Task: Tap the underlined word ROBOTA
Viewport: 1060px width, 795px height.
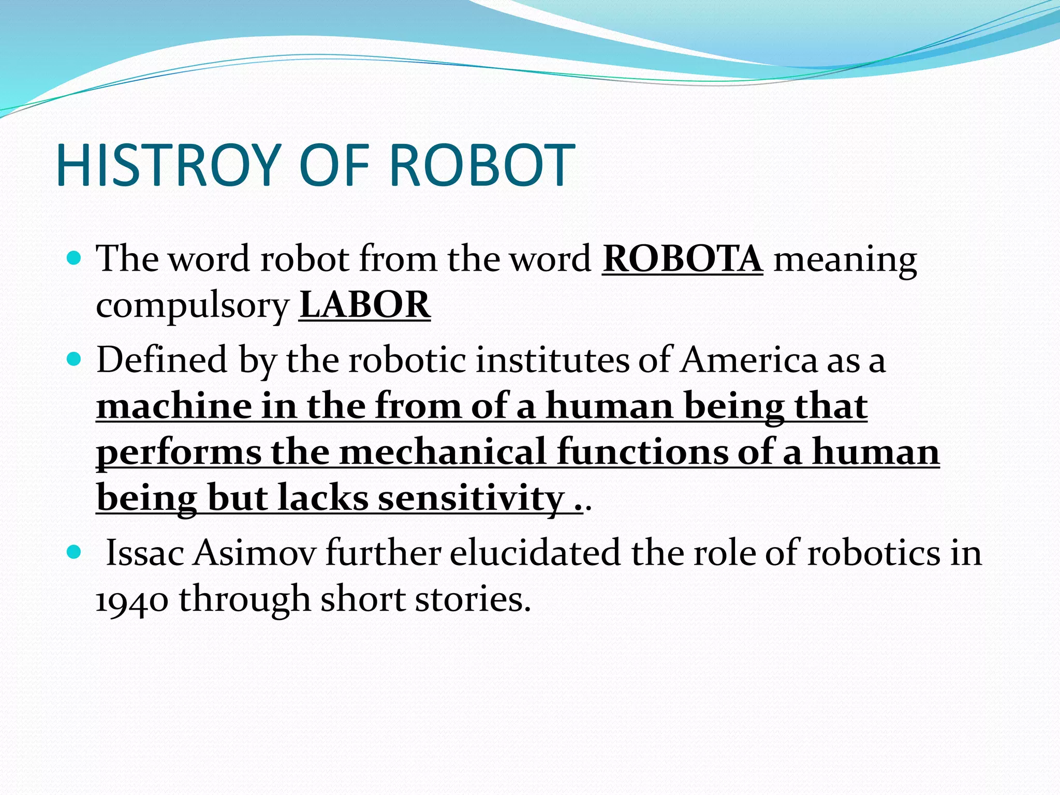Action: pyautogui.click(x=682, y=258)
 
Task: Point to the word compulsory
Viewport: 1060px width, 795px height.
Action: pyautogui.click(x=193, y=306)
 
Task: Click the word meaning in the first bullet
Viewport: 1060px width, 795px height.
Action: pyautogui.click(x=845, y=260)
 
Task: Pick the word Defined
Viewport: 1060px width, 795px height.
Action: pyautogui.click(x=162, y=360)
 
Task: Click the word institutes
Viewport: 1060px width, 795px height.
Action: pyautogui.click(x=553, y=360)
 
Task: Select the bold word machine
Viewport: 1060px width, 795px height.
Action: pyautogui.click(x=174, y=406)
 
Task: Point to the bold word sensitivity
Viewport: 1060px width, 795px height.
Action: pyautogui.click(x=471, y=498)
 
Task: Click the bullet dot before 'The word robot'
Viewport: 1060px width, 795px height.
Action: pyautogui.click(x=75, y=258)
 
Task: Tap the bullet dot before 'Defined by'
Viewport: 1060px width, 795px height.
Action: pyautogui.click(x=75, y=359)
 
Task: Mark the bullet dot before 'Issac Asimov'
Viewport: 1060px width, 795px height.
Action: pyautogui.click(x=75, y=552)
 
